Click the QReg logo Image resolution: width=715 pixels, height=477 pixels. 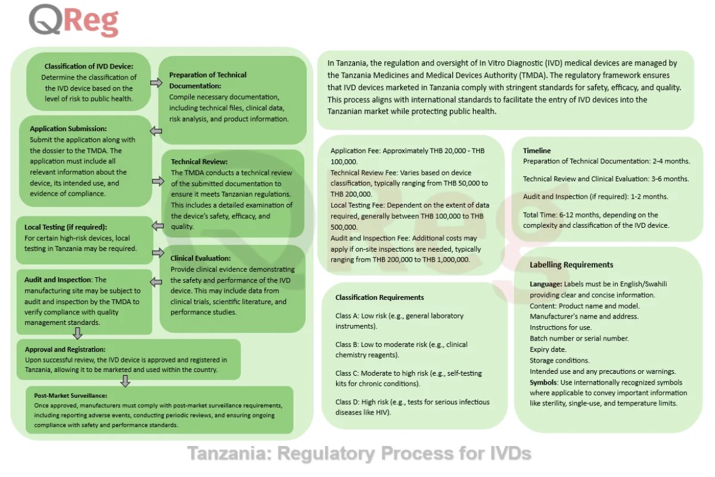pos(74,21)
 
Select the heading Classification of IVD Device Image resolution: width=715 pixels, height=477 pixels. pos(89,66)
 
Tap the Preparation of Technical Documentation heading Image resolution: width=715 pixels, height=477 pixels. pos(207,80)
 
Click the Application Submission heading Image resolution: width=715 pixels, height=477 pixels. pos(68,129)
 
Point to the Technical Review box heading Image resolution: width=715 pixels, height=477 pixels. pos(199,162)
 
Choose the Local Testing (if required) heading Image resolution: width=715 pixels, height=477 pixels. pos(66,227)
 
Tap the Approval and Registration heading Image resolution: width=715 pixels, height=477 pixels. pos(65,349)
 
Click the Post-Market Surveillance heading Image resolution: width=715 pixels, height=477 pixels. pos(70,395)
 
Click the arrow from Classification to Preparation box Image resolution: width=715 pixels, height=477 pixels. pos(156,82)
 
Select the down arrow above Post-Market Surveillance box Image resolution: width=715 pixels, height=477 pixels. pos(125,381)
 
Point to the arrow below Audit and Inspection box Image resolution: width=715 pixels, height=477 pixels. pos(77,333)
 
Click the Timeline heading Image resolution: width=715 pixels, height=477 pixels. pos(537,151)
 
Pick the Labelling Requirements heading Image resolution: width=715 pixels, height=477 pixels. pos(571,265)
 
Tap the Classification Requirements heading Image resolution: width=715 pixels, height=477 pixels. pos(380,298)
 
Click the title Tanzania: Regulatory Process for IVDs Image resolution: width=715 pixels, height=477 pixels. pos(359,453)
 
